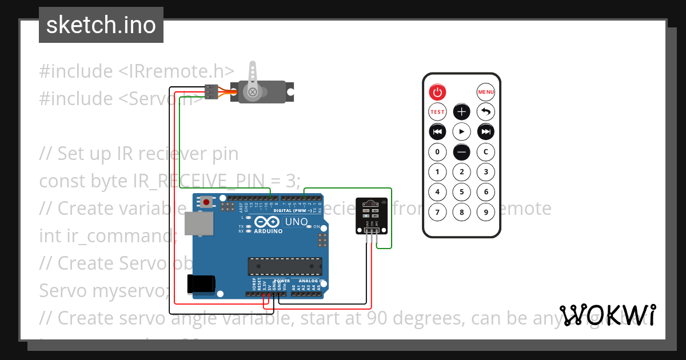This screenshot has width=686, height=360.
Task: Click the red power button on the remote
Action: tap(437, 91)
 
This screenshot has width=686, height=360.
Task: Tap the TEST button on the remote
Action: tap(437, 112)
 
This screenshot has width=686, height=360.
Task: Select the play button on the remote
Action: tap(461, 132)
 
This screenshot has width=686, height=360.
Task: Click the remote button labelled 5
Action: tap(461, 192)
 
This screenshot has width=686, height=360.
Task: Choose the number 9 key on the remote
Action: tap(485, 213)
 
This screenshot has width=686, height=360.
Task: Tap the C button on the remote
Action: tap(485, 152)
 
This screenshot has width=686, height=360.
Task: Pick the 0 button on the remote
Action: tap(437, 152)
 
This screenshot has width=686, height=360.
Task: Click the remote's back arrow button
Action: tap(485, 112)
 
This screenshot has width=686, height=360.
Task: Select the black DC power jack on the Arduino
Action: tap(201, 283)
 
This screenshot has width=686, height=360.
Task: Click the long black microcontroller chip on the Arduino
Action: tap(284, 266)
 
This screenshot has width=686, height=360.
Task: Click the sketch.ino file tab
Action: tap(101, 25)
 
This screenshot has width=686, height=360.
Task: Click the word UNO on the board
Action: tap(296, 222)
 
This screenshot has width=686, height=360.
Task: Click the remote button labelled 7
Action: tap(437, 213)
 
